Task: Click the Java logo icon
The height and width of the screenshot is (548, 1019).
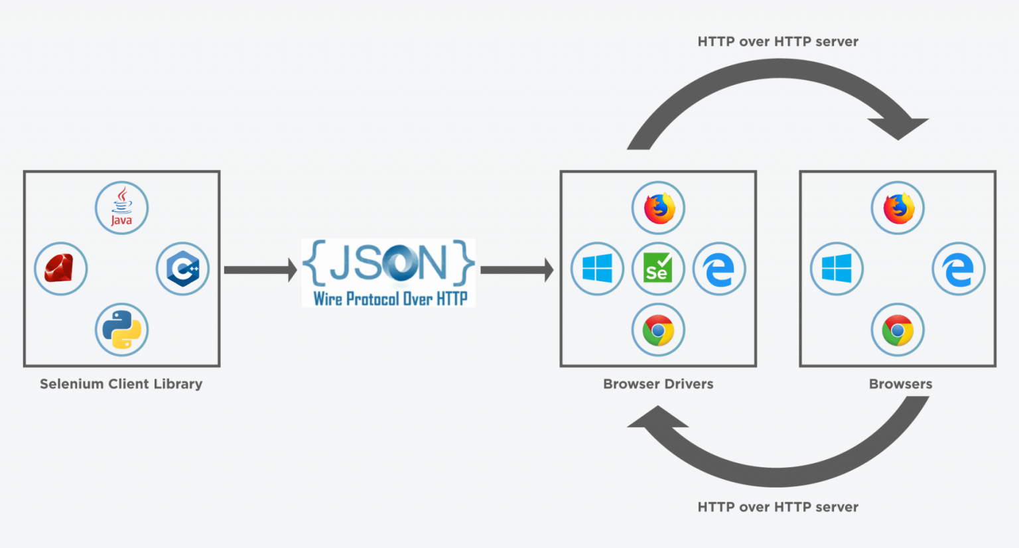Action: [121, 208]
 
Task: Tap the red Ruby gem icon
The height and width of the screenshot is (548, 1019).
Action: [60, 269]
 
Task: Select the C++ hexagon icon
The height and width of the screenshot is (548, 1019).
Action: [182, 269]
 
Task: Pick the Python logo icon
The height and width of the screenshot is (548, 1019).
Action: [121, 330]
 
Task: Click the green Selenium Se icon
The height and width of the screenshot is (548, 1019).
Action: [658, 269]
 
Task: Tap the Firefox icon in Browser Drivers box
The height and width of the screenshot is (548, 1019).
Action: [658, 208]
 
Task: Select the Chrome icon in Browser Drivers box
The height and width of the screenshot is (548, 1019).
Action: [658, 330]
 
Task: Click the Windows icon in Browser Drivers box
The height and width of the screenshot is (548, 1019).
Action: [597, 269]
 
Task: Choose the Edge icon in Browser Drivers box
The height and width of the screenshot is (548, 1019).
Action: [718, 269]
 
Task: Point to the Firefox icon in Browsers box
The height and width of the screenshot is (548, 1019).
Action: [898, 208]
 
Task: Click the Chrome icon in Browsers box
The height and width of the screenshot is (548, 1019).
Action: [898, 330]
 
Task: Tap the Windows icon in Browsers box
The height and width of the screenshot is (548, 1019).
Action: [837, 269]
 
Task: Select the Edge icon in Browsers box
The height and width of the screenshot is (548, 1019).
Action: [959, 269]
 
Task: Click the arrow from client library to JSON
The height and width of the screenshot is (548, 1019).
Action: [261, 270]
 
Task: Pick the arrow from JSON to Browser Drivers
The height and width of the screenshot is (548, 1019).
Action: [517, 270]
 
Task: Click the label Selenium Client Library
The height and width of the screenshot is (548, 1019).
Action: [121, 384]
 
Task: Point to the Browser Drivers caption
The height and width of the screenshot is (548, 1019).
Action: [658, 384]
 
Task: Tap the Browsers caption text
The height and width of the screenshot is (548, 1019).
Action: [900, 384]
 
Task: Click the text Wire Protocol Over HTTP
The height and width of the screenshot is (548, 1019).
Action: [390, 299]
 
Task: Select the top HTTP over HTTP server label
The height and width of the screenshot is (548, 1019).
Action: [778, 41]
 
